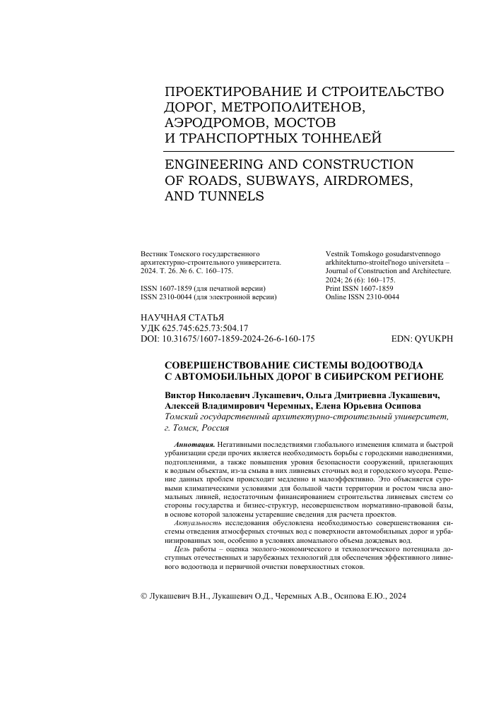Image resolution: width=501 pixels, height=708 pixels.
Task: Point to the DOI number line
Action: [228, 339]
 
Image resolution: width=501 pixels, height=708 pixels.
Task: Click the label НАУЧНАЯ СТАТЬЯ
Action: [183, 318]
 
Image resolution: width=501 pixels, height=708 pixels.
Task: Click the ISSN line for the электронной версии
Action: [208, 298]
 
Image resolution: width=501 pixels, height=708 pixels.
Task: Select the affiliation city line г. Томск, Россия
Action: [201, 428]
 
